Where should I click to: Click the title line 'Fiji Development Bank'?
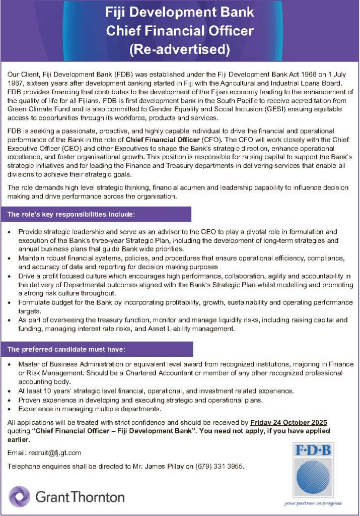pos(180,12)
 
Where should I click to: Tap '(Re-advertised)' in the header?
pos(180,49)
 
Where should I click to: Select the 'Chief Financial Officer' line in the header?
pos(180,31)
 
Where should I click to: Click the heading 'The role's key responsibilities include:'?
pos(71,215)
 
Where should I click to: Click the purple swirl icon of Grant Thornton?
pos(19,496)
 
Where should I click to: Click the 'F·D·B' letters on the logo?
pos(313,450)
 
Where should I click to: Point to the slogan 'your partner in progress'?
pos(313,502)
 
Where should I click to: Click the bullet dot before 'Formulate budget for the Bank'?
pos(11,303)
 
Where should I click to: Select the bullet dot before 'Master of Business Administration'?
pos(11,364)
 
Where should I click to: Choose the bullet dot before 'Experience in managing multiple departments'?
pos(11,409)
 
